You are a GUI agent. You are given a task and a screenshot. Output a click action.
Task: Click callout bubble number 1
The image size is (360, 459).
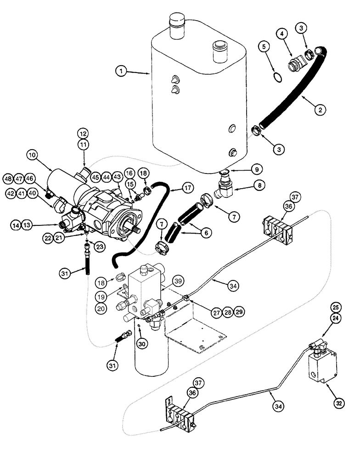pyautogui.click(x=121, y=71)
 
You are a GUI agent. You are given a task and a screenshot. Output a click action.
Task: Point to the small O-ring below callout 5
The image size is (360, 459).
pyautogui.click(x=275, y=76)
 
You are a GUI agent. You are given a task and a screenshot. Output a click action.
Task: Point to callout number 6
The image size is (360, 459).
pyautogui.click(x=206, y=233)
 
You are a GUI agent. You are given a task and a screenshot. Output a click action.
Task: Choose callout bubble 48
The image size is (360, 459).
pyautogui.click(x=8, y=178)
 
